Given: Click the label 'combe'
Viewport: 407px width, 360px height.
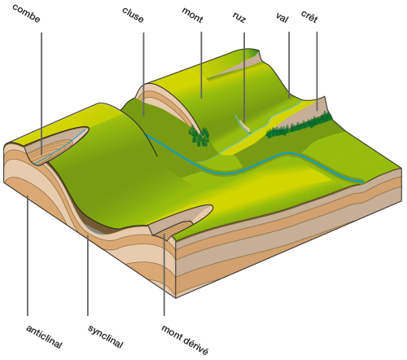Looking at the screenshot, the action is (26, 14).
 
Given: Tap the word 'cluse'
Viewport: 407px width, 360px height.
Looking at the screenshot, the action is (133, 15).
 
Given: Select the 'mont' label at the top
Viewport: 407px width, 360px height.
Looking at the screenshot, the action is (192, 15).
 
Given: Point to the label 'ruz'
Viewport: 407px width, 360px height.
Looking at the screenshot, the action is (239, 17).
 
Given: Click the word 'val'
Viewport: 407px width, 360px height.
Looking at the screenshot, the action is (282, 17).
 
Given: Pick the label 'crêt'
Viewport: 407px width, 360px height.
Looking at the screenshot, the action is (309, 16).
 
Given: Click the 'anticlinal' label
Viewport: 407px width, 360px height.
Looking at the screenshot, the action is (44, 336).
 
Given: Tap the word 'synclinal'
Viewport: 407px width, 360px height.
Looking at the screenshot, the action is (106, 336).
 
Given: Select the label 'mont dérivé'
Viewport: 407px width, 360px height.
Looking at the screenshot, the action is (185, 340).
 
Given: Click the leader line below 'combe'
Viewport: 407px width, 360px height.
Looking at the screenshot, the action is (42, 94).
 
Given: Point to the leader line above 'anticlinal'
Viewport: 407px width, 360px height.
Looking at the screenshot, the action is (28, 255).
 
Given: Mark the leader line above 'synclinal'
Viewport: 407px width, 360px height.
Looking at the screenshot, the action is (88, 275).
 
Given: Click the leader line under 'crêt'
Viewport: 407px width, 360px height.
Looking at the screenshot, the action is (317, 71).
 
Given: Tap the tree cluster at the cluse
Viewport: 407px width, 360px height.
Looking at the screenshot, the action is (199, 136).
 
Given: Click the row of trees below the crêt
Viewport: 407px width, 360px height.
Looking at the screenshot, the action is (299, 125).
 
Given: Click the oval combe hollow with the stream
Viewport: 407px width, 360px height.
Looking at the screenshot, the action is (57, 146).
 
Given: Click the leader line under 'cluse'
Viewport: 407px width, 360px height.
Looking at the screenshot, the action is (143, 74).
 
